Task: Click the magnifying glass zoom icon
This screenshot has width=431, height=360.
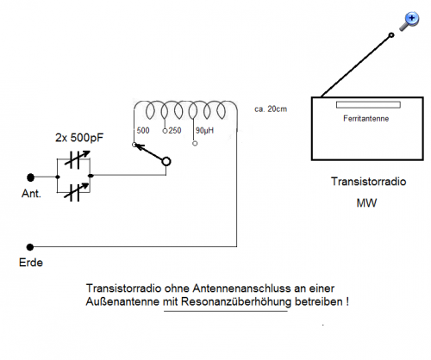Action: (409, 22)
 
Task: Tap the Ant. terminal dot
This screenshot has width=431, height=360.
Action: (30, 177)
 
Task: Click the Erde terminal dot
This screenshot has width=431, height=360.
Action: (30, 247)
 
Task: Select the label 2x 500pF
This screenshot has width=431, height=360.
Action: (79, 138)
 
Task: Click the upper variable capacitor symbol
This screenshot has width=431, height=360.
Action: (77, 159)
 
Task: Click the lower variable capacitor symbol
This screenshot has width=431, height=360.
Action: (77, 192)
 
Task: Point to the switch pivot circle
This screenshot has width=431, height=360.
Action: (166, 162)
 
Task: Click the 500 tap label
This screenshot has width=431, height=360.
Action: (143, 131)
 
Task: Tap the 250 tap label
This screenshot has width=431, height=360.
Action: (175, 131)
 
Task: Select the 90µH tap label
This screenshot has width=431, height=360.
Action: (204, 131)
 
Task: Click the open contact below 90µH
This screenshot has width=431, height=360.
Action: (195, 143)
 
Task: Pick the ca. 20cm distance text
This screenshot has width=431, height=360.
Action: (271, 109)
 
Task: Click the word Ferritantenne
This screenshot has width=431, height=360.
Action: (365, 119)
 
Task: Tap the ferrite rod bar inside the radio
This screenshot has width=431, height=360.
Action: (368, 105)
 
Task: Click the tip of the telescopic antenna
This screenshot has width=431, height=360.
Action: (391, 35)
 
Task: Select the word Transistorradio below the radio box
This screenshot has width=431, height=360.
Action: (368, 182)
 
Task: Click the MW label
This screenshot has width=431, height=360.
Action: (366, 203)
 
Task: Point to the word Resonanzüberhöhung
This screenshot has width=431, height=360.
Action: (236, 301)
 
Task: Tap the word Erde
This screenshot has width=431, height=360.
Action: (31, 263)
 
